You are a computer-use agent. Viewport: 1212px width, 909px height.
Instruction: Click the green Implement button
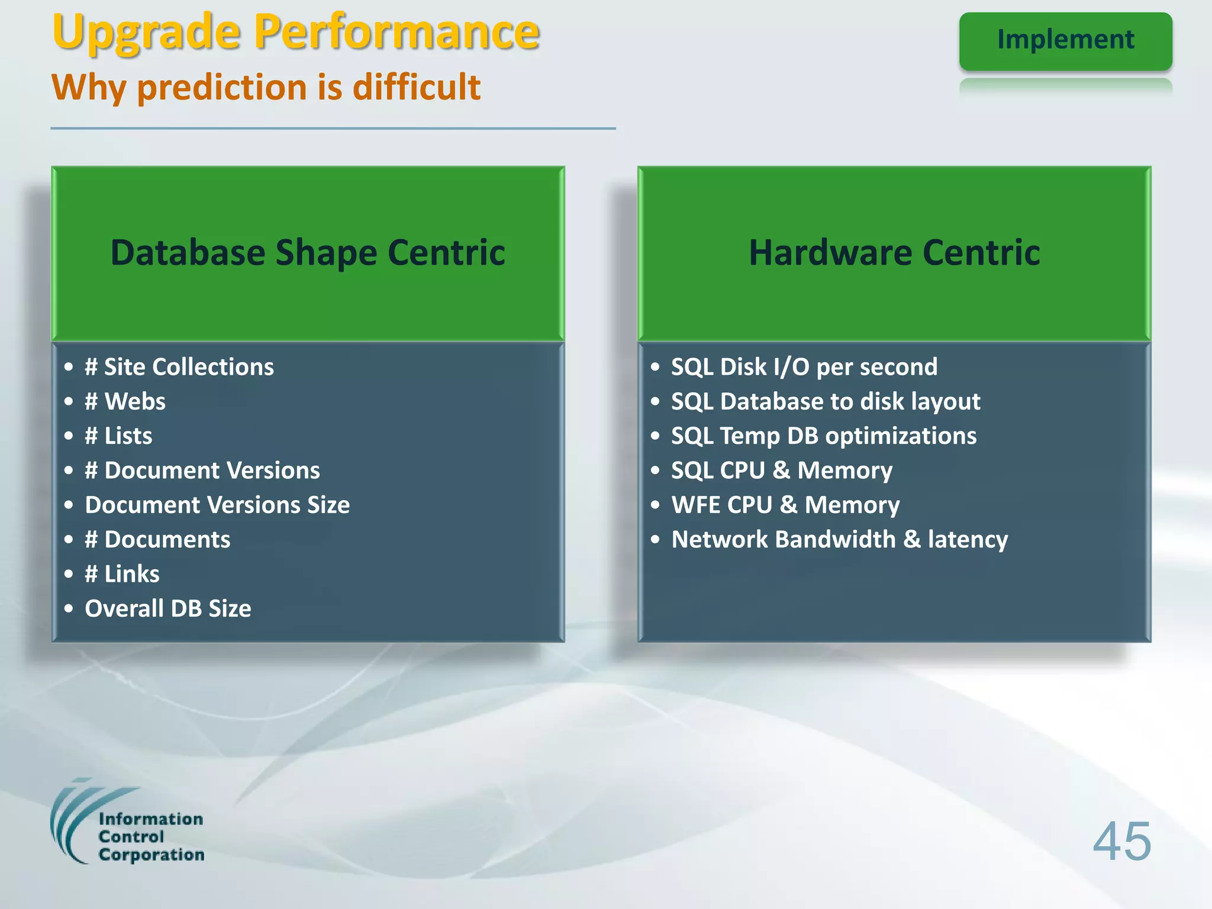[1065, 40]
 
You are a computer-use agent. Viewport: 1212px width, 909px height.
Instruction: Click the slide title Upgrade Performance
[296, 33]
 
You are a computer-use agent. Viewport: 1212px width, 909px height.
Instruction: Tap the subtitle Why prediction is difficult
[266, 88]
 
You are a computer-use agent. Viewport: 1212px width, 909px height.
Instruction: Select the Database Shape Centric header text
[308, 253]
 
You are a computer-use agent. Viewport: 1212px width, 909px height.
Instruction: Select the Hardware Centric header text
[894, 253]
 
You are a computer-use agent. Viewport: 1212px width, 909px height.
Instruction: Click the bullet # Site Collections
[179, 367]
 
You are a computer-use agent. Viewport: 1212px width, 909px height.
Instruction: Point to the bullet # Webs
[125, 402]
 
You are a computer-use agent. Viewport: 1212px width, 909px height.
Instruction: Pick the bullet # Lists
[118, 436]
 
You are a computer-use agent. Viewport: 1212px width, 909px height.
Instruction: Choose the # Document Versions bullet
[202, 470]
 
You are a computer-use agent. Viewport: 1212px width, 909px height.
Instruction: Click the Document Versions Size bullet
[217, 505]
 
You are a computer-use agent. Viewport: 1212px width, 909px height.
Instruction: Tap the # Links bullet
[122, 574]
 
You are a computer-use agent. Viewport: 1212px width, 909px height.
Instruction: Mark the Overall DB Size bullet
[168, 608]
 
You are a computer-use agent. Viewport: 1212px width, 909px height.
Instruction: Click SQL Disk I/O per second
[804, 367]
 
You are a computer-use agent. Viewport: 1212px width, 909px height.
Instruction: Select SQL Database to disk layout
[826, 402]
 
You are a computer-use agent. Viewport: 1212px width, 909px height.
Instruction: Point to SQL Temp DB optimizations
[824, 436]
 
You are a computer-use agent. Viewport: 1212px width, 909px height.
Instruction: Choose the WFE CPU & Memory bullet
[785, 505]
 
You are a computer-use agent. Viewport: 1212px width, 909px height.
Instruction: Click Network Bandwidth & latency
[839, 540]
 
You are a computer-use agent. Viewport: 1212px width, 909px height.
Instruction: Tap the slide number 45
[1121, 842]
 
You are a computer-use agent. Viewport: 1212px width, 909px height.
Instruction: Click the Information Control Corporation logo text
[151, 837]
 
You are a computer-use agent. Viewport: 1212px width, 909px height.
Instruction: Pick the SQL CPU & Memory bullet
[782, 470]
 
